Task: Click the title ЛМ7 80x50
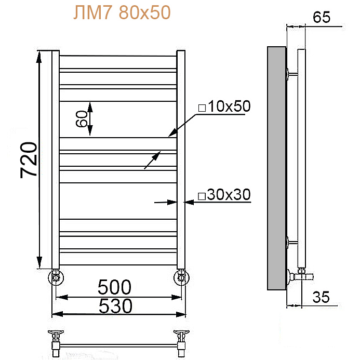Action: coord(122,13)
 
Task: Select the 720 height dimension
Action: coord(29,160)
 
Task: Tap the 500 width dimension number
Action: coord(114,287)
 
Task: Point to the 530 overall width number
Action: coord(115,306)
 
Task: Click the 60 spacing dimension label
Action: coord(82,118)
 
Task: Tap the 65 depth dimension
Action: coord(322,17)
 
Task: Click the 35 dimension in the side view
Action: coord(321,297)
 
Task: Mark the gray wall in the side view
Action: coord(277,168)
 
